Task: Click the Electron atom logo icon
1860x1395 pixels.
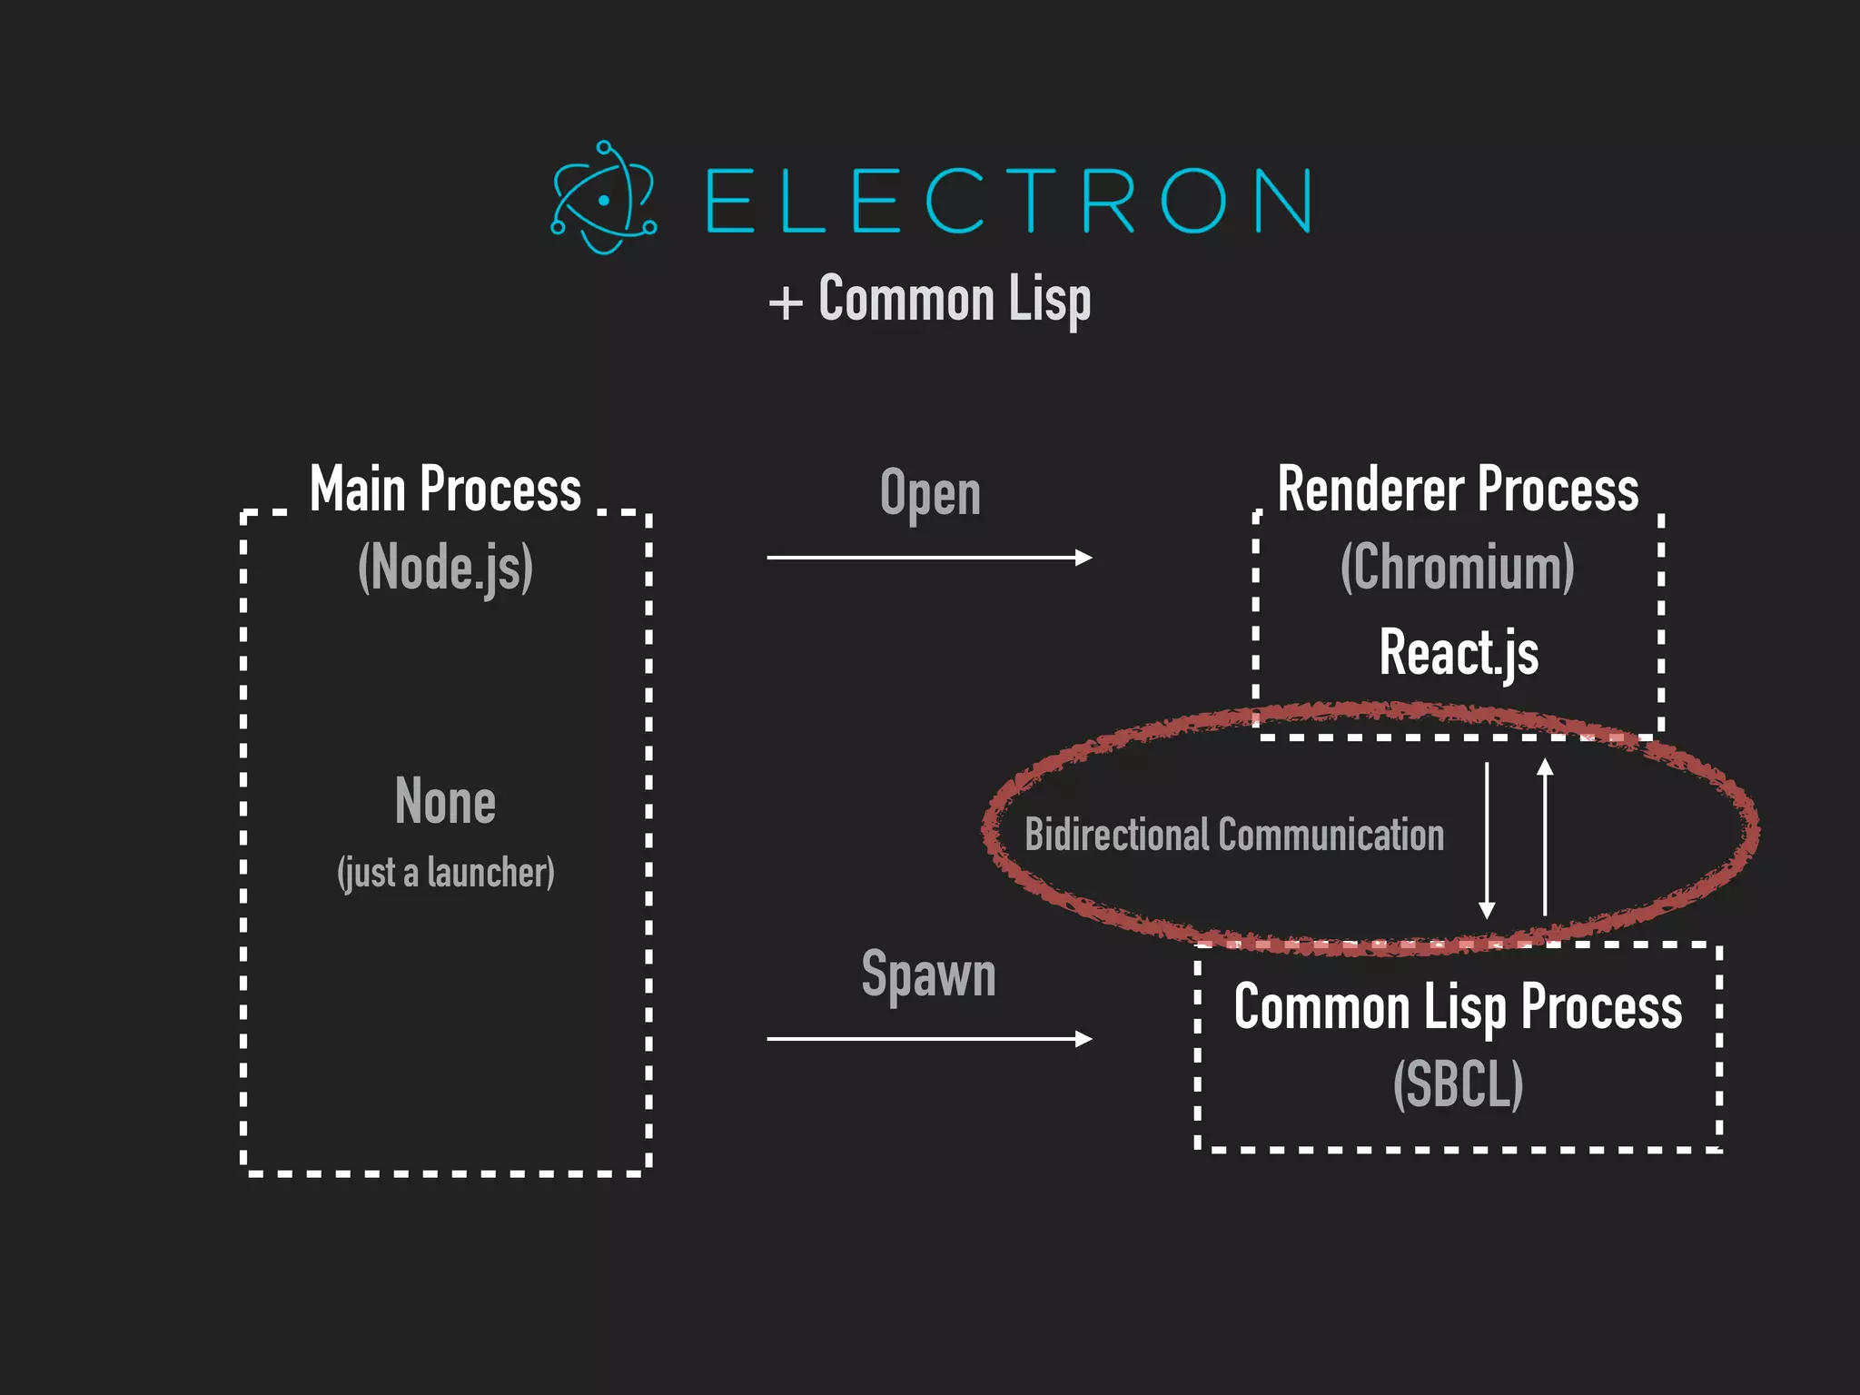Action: [604, 198]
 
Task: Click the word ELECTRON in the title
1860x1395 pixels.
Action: [1008, 201]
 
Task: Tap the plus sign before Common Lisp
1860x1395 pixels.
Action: [786, 302]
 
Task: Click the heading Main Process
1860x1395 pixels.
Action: [445, 490]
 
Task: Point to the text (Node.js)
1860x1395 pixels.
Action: [445, 568]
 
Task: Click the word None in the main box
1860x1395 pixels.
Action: [445, 802]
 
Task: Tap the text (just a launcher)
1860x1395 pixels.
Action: [445, 873]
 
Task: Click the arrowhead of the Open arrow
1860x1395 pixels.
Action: [1083, 557]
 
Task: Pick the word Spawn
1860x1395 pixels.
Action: [928, 975]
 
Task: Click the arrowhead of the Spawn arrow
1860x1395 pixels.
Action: [1083, 1038]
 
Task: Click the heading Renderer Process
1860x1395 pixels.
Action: [1458, 490]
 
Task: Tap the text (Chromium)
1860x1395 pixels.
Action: [1458, 568]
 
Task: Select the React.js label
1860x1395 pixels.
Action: [1459, 652]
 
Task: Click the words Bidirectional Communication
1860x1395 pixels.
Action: [1234, 835]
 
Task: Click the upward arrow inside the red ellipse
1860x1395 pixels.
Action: [1545, 836]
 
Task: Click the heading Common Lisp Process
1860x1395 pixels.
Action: [1458, 1007]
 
